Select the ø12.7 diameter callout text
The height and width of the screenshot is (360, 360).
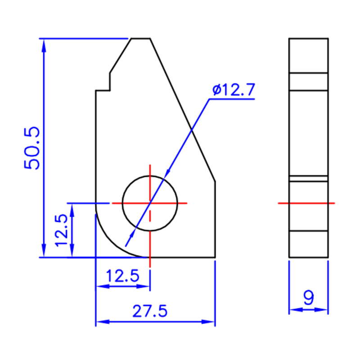tap(234, 90)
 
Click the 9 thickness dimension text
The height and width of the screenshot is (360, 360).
tap(308, 298)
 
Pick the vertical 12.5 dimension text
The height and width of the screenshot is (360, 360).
tap(62, 230)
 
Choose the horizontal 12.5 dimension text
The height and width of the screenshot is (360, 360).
tap(122, 275)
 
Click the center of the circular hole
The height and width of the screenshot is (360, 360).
tap(150, 203)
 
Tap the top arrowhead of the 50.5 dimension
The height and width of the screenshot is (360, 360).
tap(44, 43)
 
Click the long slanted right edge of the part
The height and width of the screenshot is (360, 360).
tap(182, 110)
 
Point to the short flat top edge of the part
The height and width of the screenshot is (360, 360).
tap(140, 39)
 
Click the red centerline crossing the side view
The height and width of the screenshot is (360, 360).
tap(308, 203)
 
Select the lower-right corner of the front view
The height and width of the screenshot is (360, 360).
tap(215, 258)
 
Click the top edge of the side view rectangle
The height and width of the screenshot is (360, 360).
tap(308, 39)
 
